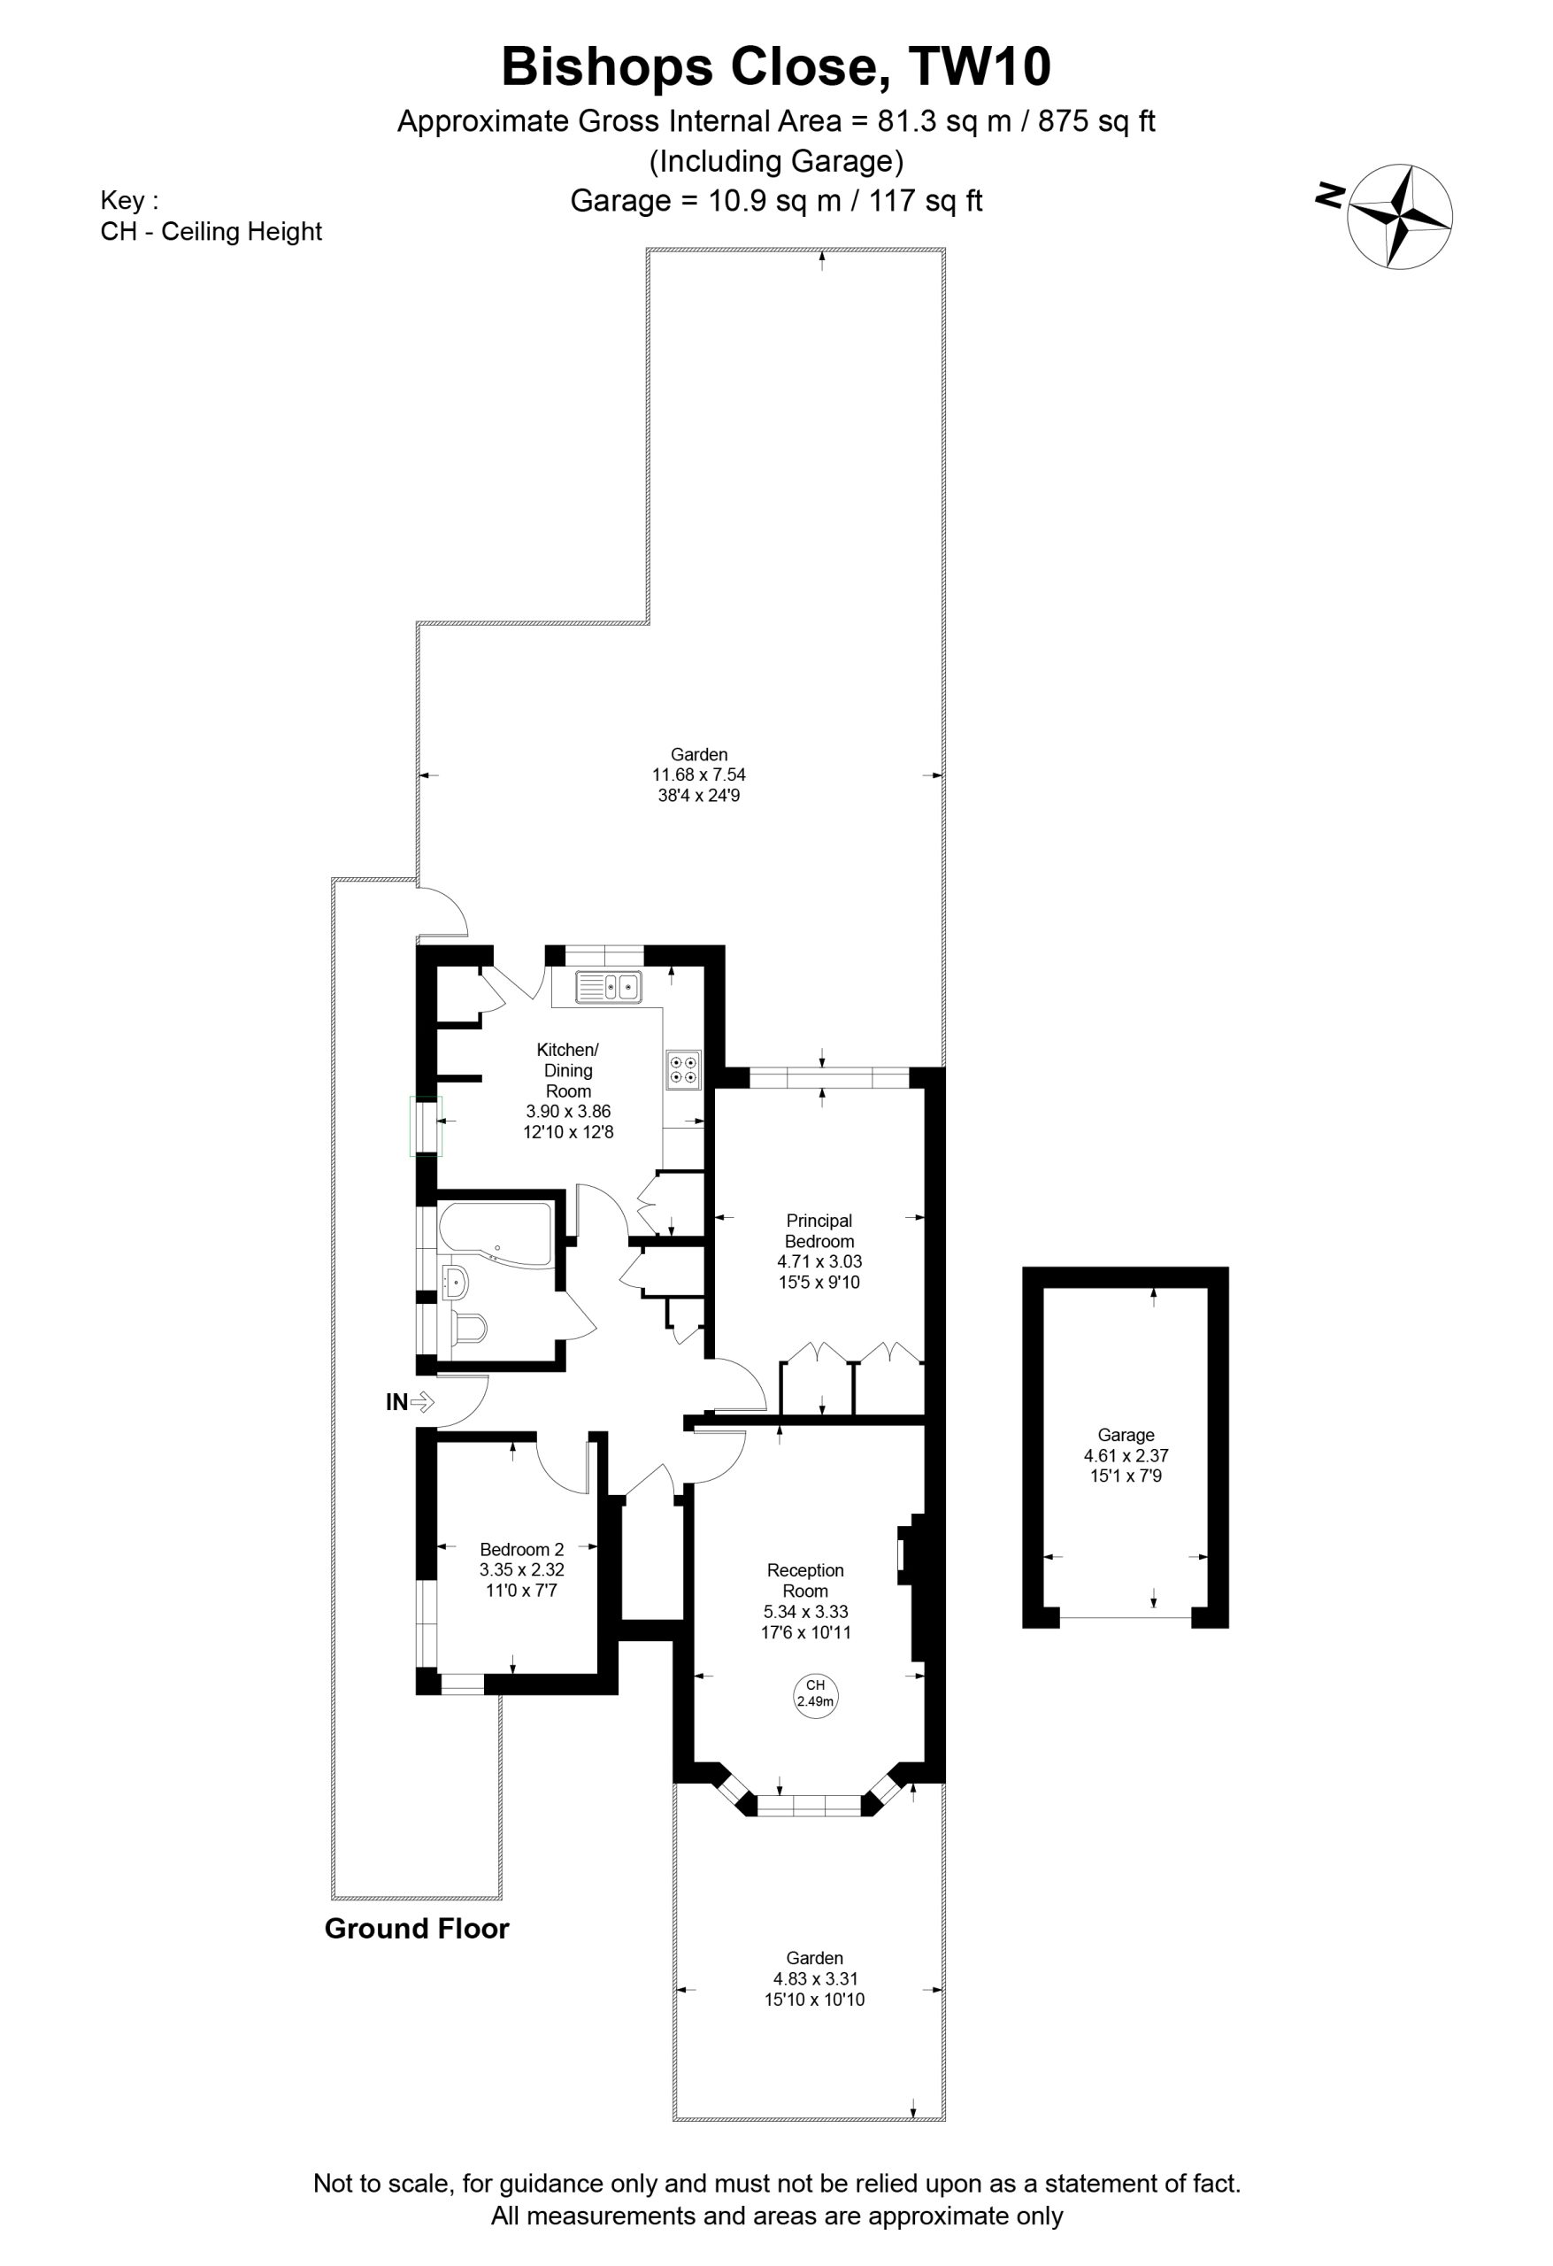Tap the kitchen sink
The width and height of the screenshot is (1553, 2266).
coord(607,987)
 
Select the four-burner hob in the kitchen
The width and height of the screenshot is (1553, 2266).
coord(682,1068)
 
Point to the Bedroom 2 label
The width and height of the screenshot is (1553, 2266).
coord(521,1549)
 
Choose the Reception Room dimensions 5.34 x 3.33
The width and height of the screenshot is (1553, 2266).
coord(805,1612)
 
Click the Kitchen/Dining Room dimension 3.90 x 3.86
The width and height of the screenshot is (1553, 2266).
coord(568,1111)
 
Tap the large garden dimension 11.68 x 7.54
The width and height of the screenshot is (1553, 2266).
coord(699,775)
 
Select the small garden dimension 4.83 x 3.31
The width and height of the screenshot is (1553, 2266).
coord(815,1978)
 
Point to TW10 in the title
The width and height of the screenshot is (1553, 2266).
coord(980,67)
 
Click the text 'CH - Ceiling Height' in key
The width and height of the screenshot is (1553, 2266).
coord(211,232)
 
